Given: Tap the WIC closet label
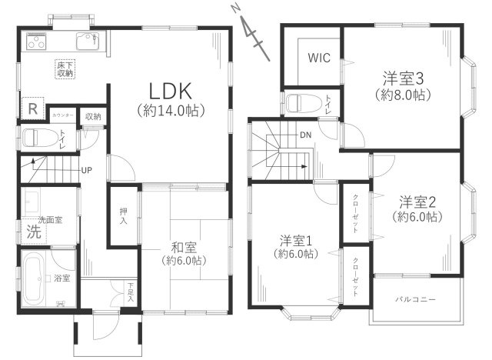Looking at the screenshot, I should tap(319, 58).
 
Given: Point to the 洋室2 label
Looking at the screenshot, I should tap(418, 202).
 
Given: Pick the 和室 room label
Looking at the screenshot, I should tap(183, 247).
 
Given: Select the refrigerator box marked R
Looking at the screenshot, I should tap(32, 109).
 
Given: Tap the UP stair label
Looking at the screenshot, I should tap(88, 170).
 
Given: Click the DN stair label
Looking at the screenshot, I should tap(305, 136).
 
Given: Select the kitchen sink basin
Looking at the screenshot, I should tap(84, 41).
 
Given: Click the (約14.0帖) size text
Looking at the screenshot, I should tap(170, 111).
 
